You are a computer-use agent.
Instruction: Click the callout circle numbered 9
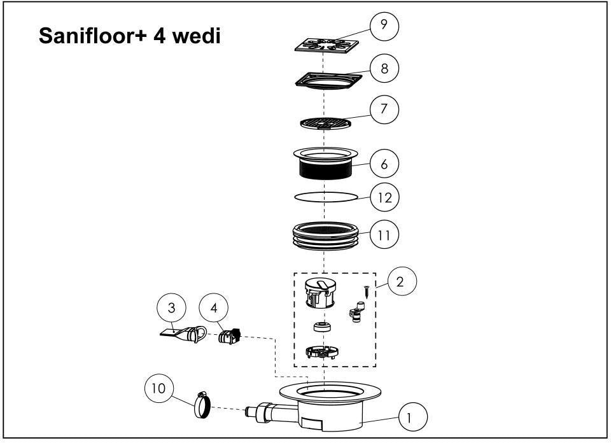(384, 25)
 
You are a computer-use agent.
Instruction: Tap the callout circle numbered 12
(384, 197)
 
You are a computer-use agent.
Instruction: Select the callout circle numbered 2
(402, 281)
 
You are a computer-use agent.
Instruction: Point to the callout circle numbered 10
(159, 388)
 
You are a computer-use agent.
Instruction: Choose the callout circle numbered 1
(413, 417)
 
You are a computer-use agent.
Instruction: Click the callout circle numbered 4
(214, 308)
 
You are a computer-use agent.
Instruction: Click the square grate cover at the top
(327, 45)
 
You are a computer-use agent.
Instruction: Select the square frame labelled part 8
(328, 80)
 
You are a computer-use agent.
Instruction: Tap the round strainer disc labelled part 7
(325, 123)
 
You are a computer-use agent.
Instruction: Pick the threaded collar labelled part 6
(325, 163)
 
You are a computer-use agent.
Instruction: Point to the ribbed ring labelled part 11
(325, 236)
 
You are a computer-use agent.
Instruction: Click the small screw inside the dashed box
(367, 292)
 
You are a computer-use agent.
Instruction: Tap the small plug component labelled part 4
(230, 336)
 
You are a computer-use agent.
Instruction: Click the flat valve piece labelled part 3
(183, 334)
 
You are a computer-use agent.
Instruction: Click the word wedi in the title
(197, 36)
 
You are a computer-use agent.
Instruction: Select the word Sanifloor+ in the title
(93, 36)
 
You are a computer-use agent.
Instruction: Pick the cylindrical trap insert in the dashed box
(320, 293)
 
